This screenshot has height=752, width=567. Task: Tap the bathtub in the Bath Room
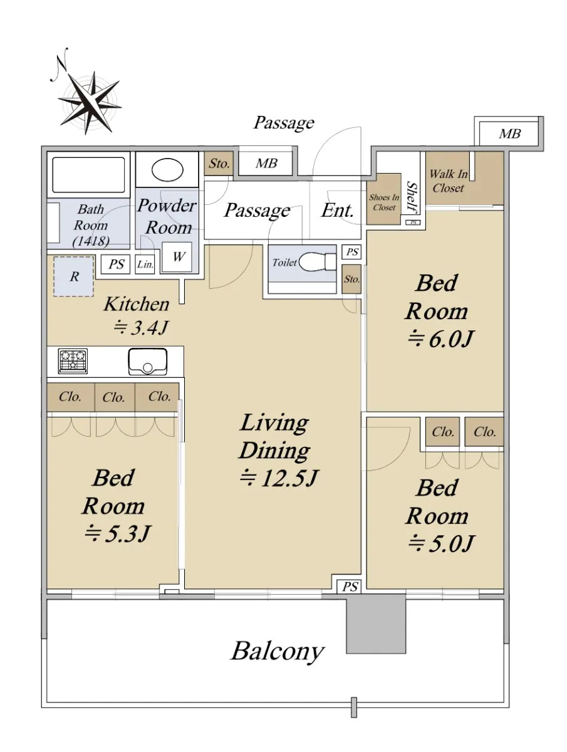click(x=88, y=175)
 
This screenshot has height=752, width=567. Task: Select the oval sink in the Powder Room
click(x=167, y=170)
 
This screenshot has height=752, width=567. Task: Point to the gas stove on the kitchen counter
click(x=73, y=361)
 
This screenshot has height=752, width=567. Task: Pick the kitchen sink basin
click(x=148, y=362)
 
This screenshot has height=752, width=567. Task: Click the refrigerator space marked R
click(x=73, y=276)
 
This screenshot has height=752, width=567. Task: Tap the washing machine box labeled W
click(x=177, y=257)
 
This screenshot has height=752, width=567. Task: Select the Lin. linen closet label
click(x=145, y=264)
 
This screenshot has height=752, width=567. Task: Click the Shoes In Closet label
click(x=384, y=202)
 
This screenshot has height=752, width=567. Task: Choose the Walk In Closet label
click(x=448, y=181)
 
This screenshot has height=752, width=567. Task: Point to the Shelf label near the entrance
click(x=412, y=197)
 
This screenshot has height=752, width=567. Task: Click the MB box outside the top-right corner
click(x=509, y=133)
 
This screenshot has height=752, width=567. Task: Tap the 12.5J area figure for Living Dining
click(x=278, y=479)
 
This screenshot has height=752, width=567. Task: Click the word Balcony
click(x=277, y=651)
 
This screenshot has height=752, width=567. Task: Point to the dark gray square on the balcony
click(x=376, y=624)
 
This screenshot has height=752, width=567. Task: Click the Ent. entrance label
click(x=337, y=210)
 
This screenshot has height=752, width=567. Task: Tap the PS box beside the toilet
click(x=351, y=252)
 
